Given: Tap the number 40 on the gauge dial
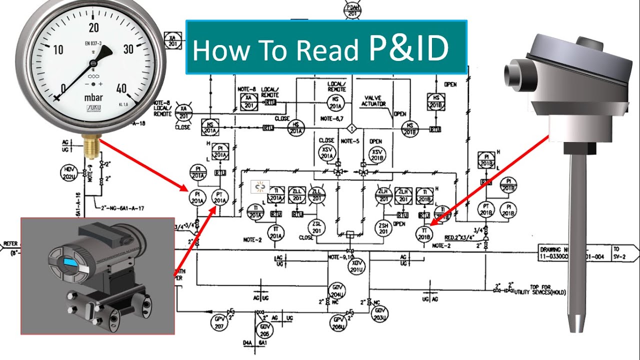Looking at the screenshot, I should coord(120,88).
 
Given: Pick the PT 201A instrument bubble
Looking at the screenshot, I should coord(219,198).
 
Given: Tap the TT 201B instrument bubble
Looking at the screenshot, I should coord(424,233).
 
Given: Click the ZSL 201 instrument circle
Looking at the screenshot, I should coord(316,228).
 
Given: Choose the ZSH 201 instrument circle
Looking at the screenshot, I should coord(384,228).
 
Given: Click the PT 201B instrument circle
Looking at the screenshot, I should coord(485,209).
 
